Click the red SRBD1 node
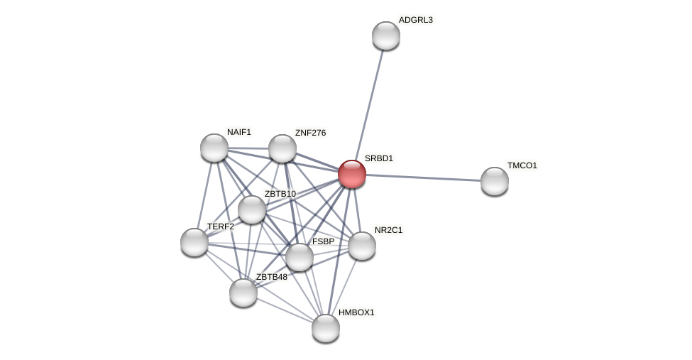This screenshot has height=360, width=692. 352,174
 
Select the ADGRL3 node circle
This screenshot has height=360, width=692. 386,36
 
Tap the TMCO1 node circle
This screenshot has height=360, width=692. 495,181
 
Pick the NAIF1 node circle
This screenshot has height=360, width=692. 214,148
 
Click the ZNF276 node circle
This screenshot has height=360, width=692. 282,148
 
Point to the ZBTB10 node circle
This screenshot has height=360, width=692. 252,209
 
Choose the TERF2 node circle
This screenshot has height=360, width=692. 194,242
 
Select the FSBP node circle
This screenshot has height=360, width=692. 300,257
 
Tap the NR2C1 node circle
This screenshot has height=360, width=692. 362,246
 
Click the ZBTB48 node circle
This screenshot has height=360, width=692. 243,293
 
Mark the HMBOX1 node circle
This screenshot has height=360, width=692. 326,328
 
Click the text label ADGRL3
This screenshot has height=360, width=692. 415,20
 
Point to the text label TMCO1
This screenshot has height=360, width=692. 522,165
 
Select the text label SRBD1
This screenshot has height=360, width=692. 378,158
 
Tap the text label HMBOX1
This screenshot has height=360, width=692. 356,312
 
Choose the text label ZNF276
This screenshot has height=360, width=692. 310,133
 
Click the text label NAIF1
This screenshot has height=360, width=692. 238,132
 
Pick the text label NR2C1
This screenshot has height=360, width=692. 388,230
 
